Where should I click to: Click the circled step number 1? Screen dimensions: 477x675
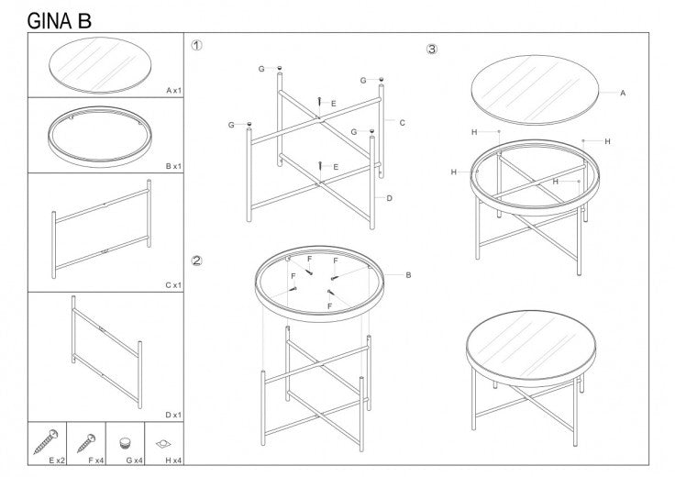pyautogui.click(x=196, y=45)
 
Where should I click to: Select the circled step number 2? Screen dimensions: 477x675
pyautogui.click(x=196, y=261)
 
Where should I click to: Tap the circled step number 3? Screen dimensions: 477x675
pyautogui.click(x=432, y=49)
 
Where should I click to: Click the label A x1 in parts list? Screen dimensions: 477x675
pyautogui.click(x=173, y=91)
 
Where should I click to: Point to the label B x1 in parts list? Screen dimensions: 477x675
pyautogui.click(x=173, y=166)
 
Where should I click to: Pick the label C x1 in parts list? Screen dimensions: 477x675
pyautogui.click(x=173, y=284)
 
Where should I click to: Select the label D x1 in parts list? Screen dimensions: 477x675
pyautogui.click(x=173, y=415)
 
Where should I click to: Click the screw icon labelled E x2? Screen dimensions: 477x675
pyautogui.click(x=47, y=439)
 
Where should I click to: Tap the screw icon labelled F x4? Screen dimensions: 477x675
pyautogui.click(x=86, y=439)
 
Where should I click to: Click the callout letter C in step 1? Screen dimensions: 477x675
pyautogui.click(x=402, y=122)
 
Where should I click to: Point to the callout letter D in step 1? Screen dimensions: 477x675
pyautogui.click(x=390, y=198)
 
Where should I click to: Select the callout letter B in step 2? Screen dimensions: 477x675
pyautogui.click(x=407, y=274)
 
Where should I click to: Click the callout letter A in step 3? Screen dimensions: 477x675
pyautogui.click(x=623, y=93)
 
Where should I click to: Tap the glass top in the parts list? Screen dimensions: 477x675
pyautogui.click(x=95, y=63)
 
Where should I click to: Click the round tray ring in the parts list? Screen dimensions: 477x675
pyautogui.click(x=95, y=136)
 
